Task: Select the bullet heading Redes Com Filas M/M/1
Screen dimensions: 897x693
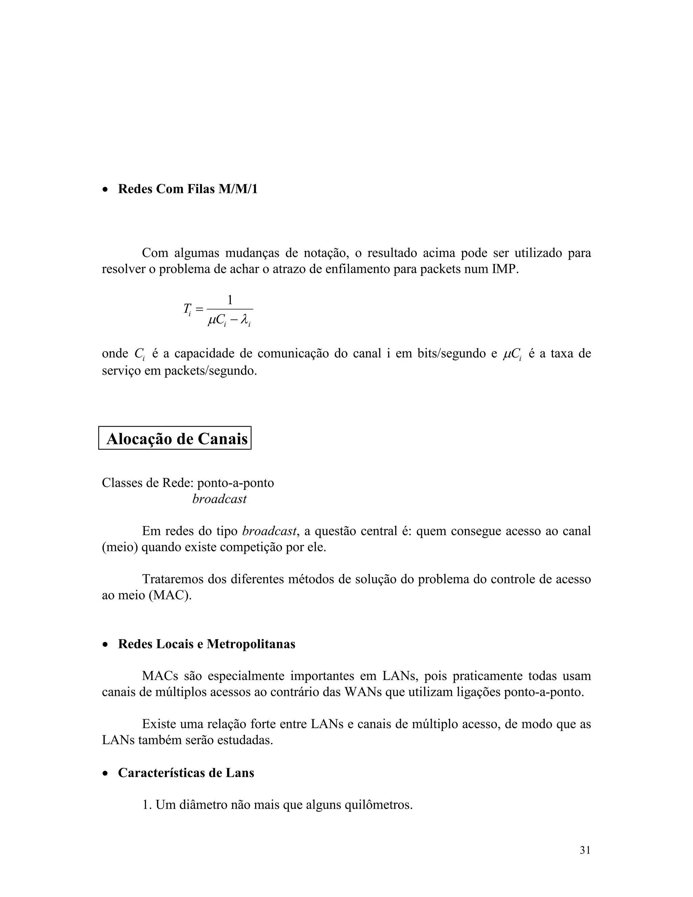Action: click(187, 189)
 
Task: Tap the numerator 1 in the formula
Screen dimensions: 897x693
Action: click(230, 300)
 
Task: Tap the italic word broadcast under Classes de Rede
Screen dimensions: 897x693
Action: click(219, 499)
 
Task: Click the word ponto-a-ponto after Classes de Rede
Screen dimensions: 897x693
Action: click(235, 483)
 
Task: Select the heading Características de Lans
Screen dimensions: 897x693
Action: click(186, 772)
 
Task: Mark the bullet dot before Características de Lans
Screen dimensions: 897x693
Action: click(106, 773)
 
